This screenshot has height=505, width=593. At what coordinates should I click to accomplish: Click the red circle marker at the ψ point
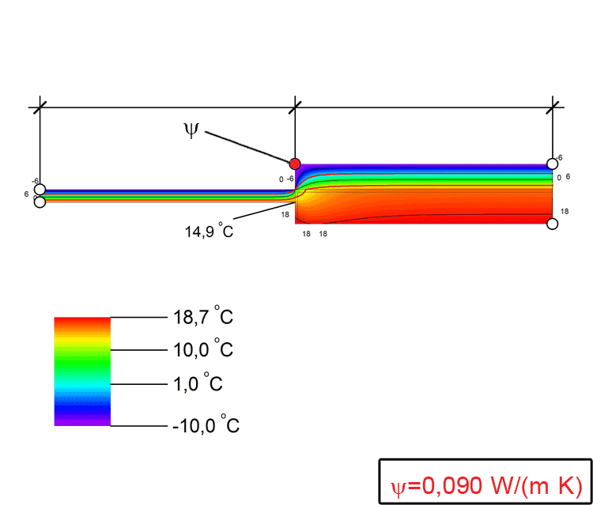[x=295, y=164]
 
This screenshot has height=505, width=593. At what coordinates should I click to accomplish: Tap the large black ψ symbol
[x=191, y=130]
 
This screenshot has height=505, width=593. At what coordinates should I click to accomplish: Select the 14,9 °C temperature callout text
[x=209, y=230]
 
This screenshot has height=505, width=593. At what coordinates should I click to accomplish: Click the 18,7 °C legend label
[x=202, y=316]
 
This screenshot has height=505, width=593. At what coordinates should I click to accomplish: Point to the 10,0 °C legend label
[x=202, y=349]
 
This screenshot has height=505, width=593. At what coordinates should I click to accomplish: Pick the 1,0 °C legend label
[x=198, y=383]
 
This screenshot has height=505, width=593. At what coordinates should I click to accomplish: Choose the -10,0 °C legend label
[x=206, y=424]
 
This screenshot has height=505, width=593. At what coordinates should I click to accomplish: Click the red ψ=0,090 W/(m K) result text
[x=486, y=485]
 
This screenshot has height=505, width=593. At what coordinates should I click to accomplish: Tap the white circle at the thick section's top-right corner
[x=553, y=164]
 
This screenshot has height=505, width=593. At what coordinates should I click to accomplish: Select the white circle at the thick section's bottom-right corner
[x=553, y=224]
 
